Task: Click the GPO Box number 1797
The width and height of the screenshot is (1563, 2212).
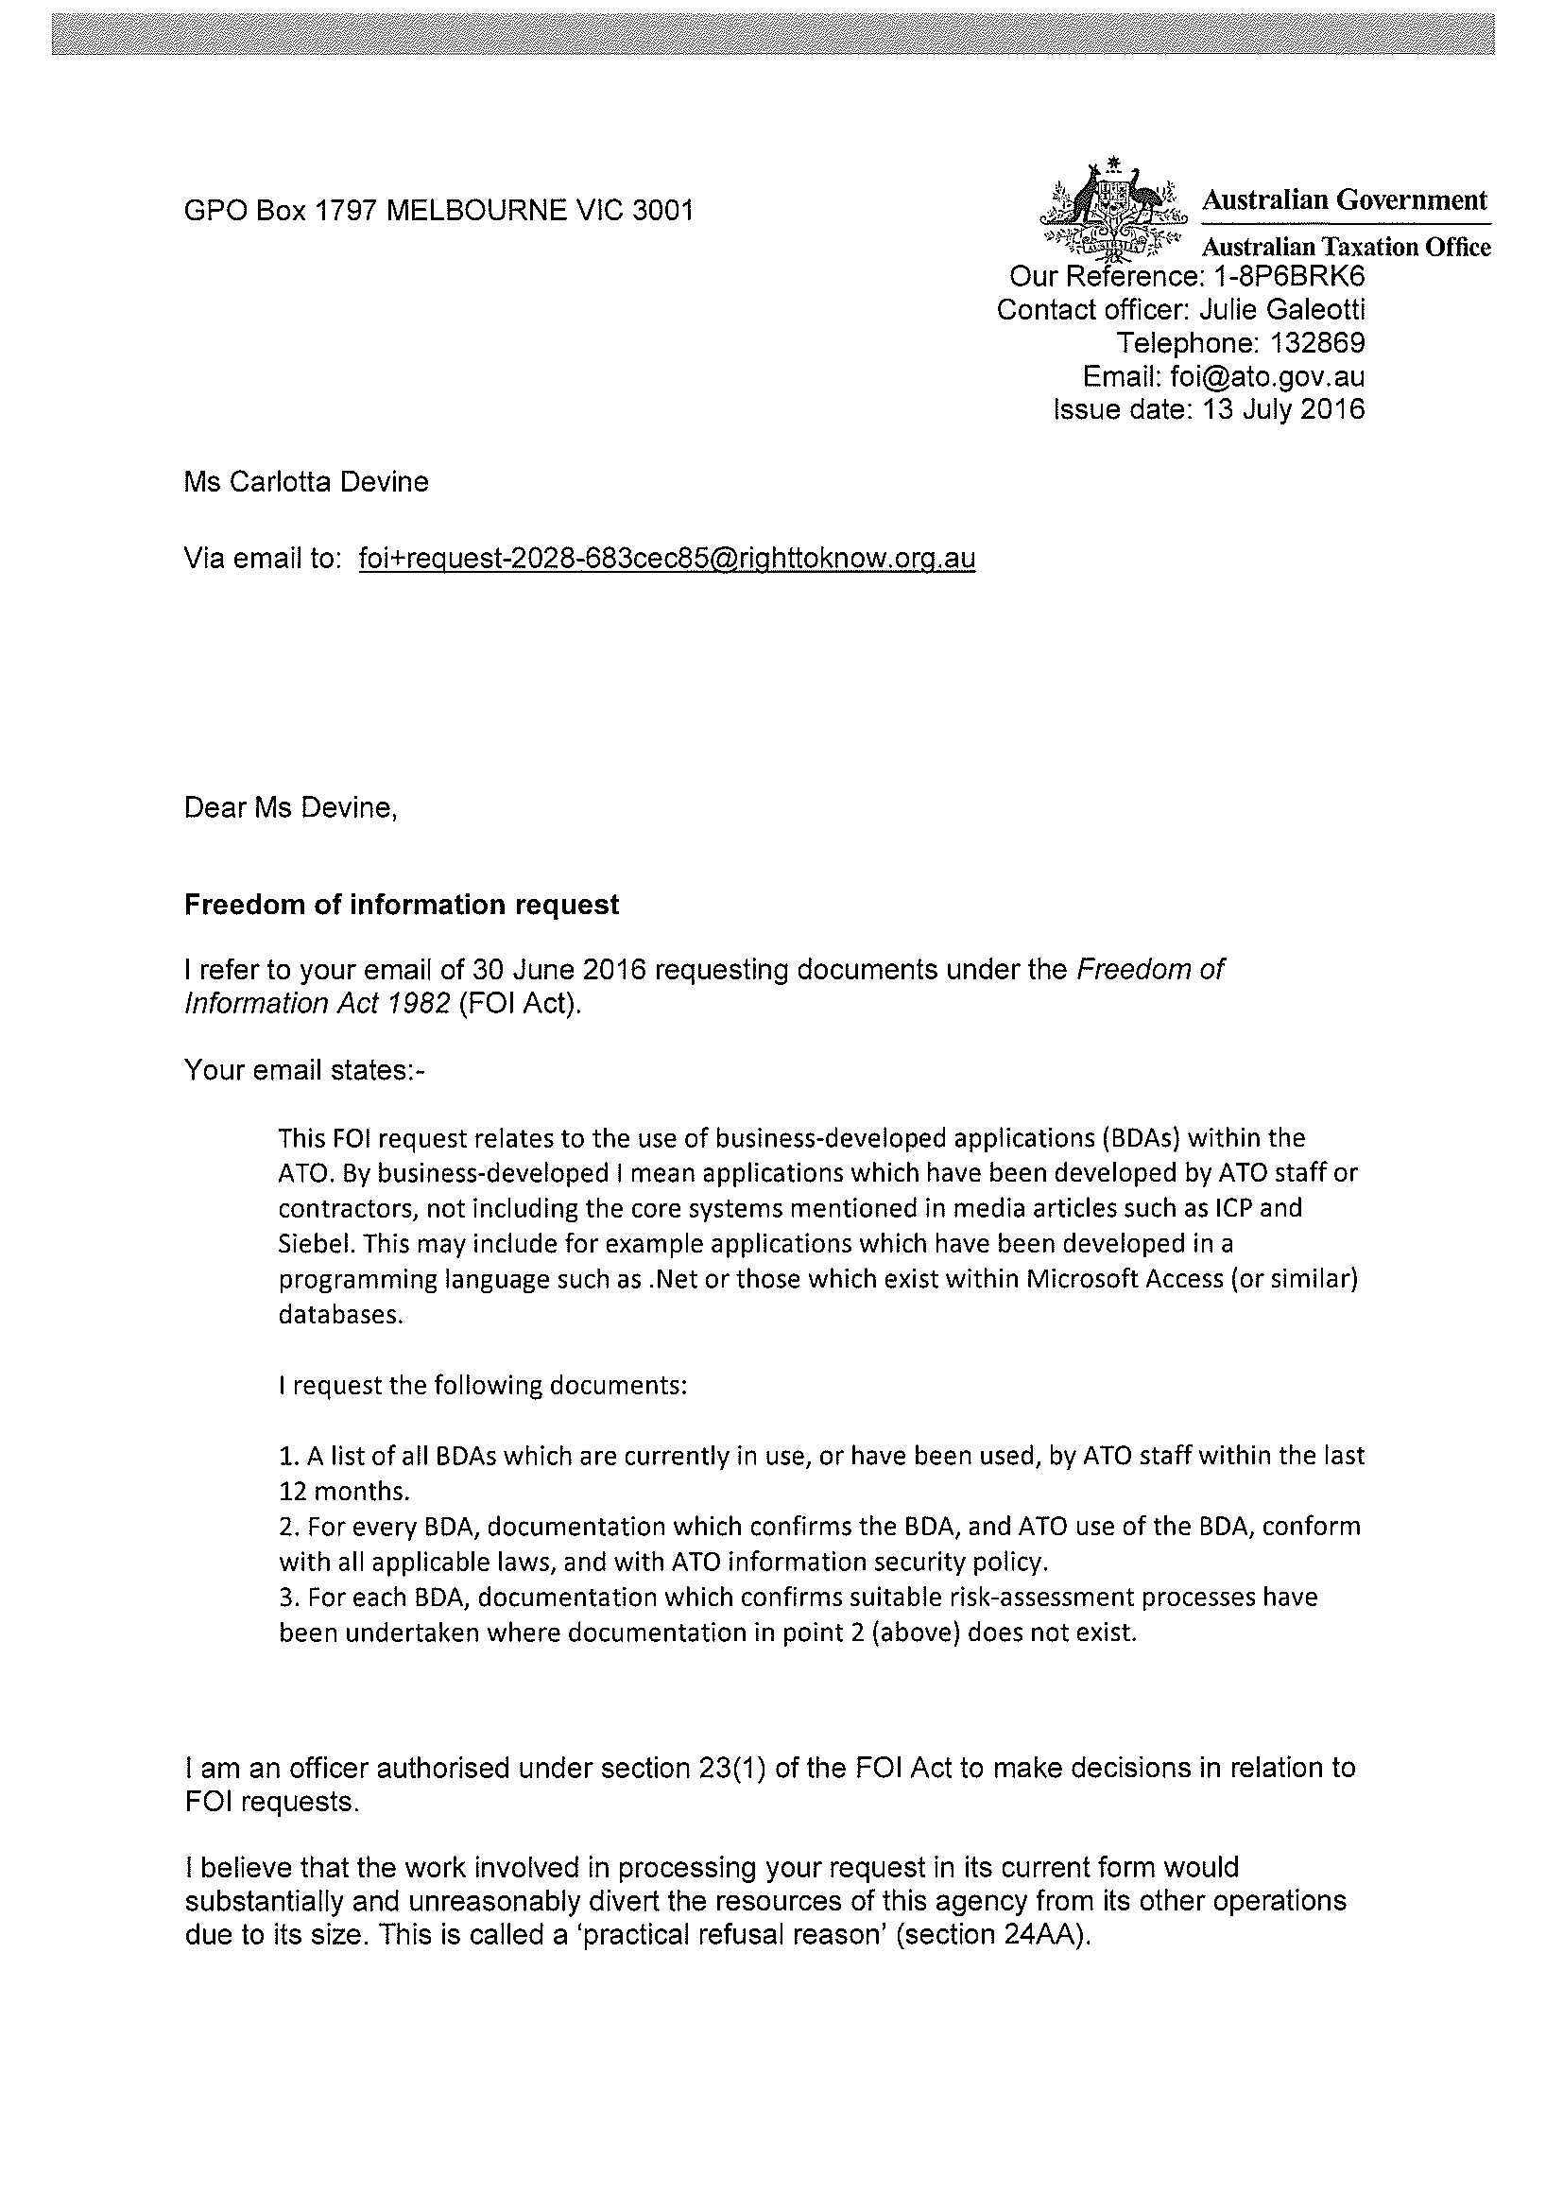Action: (346, 211)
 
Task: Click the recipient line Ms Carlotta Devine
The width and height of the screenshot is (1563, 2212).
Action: (306, 482)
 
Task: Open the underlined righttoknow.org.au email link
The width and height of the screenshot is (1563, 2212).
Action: (666, 559)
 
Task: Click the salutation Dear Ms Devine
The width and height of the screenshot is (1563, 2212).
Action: (291, 807)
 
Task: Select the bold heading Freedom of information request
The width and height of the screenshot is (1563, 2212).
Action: (402, 906)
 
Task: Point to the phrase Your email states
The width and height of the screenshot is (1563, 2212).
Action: (302, 1070)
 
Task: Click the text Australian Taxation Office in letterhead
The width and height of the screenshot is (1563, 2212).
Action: (1346, 248)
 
